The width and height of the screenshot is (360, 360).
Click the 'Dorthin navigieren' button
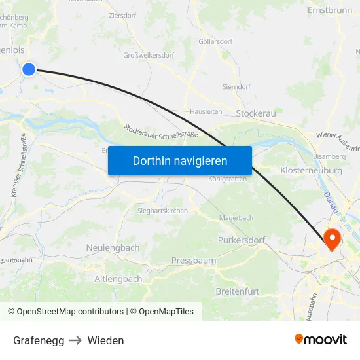click(x=180, y=160)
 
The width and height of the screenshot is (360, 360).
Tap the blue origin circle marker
click(x=29, y=69)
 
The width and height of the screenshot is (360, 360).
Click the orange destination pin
click(x=332, y=239)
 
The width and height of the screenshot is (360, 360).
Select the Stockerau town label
click(x=256, y=113)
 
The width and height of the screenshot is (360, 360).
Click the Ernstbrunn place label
click(x=330, y=11)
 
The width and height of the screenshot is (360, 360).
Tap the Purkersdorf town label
click(x=241, y=240)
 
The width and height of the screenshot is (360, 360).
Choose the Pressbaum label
click(x=194, y=261)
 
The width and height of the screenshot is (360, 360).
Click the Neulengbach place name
click(x=113, y=247)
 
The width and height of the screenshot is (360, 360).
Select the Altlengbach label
click(x=118, y=279)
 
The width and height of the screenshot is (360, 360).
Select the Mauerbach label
click(x=236, y=217)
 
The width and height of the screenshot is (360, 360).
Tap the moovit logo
click(x=320, y=339)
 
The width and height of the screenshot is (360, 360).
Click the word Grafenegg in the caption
click(x=39, y=340)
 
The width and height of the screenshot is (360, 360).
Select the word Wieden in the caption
click(x=105, y=340)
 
